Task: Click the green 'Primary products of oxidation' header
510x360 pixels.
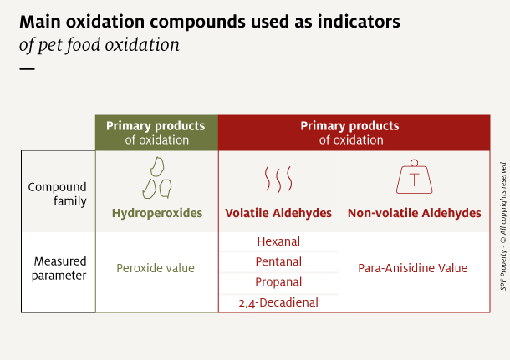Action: click(156, 133)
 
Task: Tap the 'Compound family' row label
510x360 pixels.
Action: click(58, 194)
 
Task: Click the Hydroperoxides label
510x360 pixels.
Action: click(156, 213)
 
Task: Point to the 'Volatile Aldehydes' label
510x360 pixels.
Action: click(278, 213)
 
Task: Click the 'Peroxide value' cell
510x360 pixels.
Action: click(156, 268)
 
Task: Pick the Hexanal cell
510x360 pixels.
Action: click(278, 242)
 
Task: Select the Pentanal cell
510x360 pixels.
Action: click(278, 262)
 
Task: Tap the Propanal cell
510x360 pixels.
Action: click(278, 282)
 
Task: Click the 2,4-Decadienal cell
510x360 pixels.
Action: click(278, 302)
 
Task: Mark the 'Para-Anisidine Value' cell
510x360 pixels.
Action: click(414, 268)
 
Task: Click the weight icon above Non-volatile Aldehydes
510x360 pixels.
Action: click(414, 177)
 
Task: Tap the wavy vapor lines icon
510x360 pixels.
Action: click(278, 179)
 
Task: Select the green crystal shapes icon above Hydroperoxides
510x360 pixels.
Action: click(156, 177)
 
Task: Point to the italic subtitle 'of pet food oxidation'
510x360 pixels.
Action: click(99, 44)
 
